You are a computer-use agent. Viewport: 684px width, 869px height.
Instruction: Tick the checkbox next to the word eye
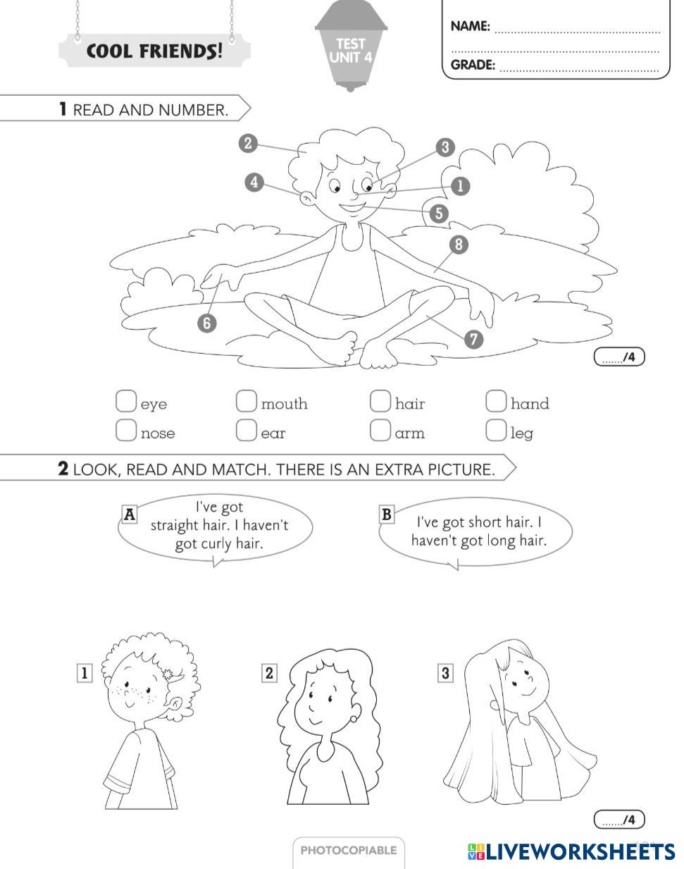coord(125,401)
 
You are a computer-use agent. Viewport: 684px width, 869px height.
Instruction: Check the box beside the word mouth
coord(246,401)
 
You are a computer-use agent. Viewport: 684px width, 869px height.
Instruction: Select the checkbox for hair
coord(380,401)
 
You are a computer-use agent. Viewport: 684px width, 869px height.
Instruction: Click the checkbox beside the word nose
coord(125,430)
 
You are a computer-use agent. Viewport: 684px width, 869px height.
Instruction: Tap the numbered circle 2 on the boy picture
coord(247,144)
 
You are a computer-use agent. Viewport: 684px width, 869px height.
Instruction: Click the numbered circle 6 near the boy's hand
coord(207,323)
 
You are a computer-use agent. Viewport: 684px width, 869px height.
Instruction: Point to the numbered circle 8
coord(459,245)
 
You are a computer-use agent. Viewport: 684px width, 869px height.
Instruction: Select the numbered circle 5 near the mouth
coord(439,213)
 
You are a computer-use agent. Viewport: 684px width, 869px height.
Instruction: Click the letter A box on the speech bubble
coord(130,514)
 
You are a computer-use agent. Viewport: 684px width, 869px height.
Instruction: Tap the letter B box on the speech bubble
coord(386,514)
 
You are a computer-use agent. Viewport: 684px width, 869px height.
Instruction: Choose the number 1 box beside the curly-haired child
coord(84,673)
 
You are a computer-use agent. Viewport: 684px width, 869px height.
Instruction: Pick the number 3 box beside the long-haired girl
coord(445,673)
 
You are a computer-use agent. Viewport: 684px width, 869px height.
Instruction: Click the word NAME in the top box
coord(470,27)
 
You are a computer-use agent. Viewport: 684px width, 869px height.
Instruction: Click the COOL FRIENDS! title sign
coord(154,51)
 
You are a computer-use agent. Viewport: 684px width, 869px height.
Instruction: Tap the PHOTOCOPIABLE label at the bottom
coord(349,850)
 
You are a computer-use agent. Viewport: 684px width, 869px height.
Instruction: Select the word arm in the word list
coord(410,433)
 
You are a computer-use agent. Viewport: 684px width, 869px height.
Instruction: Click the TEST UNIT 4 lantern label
coord(350,51)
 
